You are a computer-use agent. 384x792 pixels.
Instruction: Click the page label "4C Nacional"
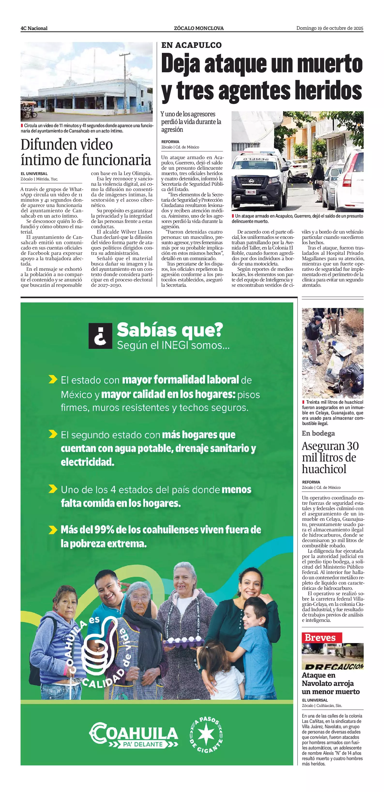(x=34, y=28)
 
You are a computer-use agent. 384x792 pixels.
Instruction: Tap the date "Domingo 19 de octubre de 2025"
(x=330, y=28)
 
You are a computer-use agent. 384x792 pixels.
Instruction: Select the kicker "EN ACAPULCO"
(x=191, y=45)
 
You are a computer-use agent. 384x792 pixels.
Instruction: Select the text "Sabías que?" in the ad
(x=170, y=330)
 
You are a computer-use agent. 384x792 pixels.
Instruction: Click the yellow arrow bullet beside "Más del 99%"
(x=53, y=529)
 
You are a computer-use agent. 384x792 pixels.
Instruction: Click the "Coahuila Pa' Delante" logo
(x=134, y=735)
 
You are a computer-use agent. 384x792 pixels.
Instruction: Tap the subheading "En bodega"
(x=318, y=433)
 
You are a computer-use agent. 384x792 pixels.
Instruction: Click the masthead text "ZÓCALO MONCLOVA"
(x=199, y=28)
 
